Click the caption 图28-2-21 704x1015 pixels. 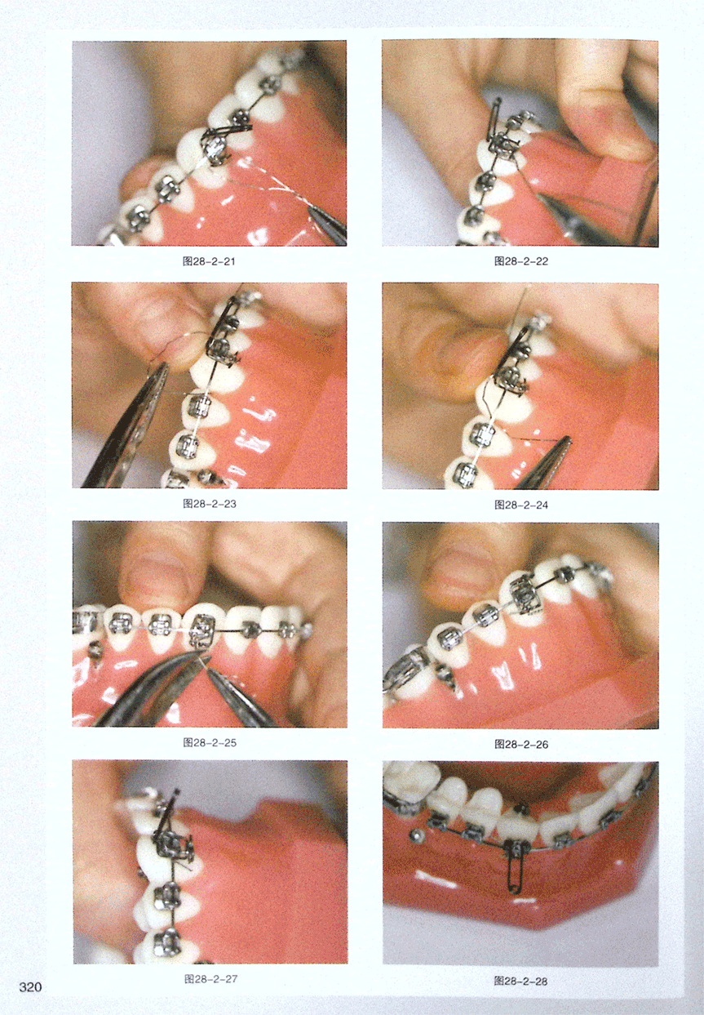[209, 261]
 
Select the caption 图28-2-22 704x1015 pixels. [521, 261]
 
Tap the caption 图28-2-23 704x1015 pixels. [210, 504]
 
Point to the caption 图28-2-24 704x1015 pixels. [521, 505]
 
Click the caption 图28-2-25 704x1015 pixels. [210, 742]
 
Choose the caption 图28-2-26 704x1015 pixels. [521, 744]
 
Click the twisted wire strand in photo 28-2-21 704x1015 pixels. [272, 190]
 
